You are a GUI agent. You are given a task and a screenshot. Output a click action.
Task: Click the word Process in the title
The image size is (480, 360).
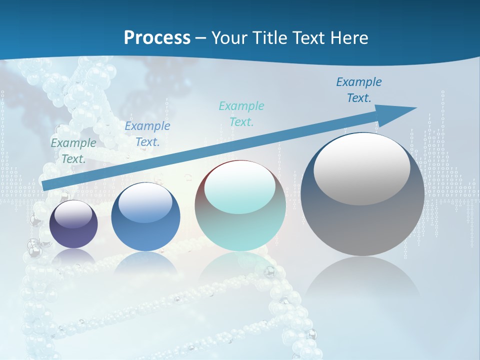click(x=157, y=38)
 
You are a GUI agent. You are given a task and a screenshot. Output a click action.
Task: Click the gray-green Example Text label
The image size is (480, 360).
click(x=73, y=150)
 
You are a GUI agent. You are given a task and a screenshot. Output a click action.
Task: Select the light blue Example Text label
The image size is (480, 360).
click(x=147, y=134)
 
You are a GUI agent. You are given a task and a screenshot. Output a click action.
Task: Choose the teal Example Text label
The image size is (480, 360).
click(x=241, y=113)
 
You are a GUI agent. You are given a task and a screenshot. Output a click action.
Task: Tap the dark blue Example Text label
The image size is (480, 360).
click(x=359, y=89)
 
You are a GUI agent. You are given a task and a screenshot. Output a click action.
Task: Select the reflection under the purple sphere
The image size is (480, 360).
click(x=74, y=256)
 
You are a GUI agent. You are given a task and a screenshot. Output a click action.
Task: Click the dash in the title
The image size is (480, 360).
click(x=201, y=38)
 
